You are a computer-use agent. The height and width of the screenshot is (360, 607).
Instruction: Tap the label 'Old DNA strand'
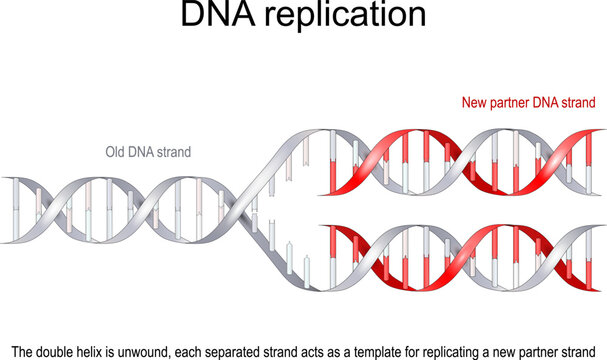148,152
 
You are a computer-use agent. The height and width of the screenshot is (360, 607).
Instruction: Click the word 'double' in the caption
62,350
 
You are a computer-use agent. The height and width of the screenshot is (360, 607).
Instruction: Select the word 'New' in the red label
475,103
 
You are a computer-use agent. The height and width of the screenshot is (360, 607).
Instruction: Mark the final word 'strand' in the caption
582,350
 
